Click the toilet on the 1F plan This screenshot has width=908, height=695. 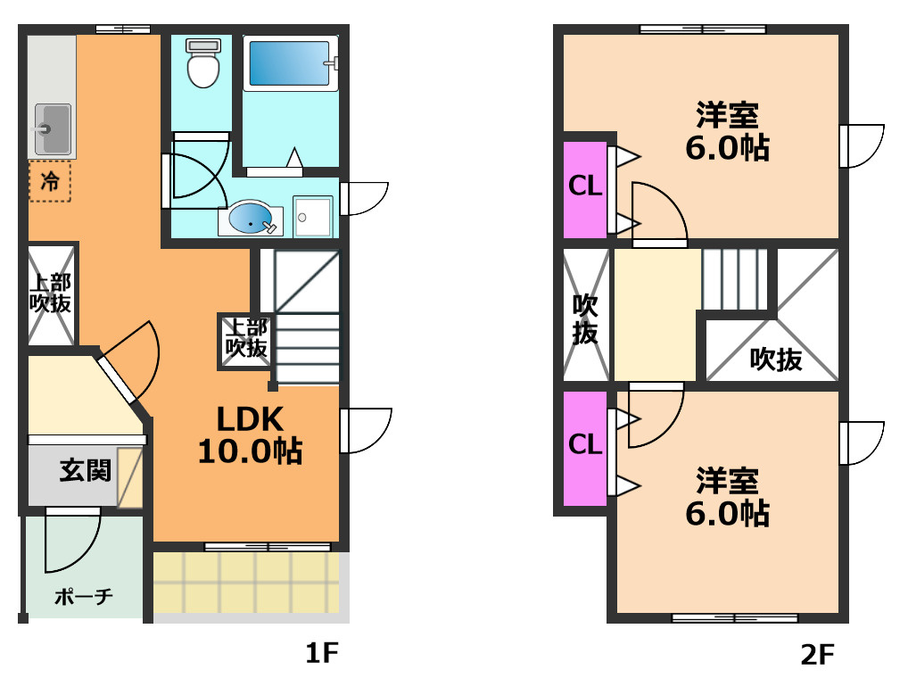pos(203,62)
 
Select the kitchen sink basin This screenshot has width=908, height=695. pos(53,129)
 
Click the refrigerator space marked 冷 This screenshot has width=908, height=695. pos(50,181)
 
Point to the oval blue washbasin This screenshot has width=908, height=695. pos(250,218)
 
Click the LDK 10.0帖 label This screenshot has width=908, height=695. pos(250,435)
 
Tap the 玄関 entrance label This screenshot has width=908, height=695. pos(85,470)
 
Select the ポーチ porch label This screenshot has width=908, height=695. pos(83,597)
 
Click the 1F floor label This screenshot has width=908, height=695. pos(321,653)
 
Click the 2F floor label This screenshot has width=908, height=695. pos(817,655)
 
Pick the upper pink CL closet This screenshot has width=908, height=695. pos(585,189)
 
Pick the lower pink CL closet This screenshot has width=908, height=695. pos(585,448)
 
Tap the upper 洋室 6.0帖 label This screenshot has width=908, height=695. pos(727,131)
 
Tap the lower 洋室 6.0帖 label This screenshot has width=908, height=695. pos(727,497)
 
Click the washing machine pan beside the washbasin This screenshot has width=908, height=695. pos(313,217)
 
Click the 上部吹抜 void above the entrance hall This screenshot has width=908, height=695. pos(52,294)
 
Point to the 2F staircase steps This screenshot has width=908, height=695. pos(735,280)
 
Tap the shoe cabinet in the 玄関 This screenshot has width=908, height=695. pos(129,478)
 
